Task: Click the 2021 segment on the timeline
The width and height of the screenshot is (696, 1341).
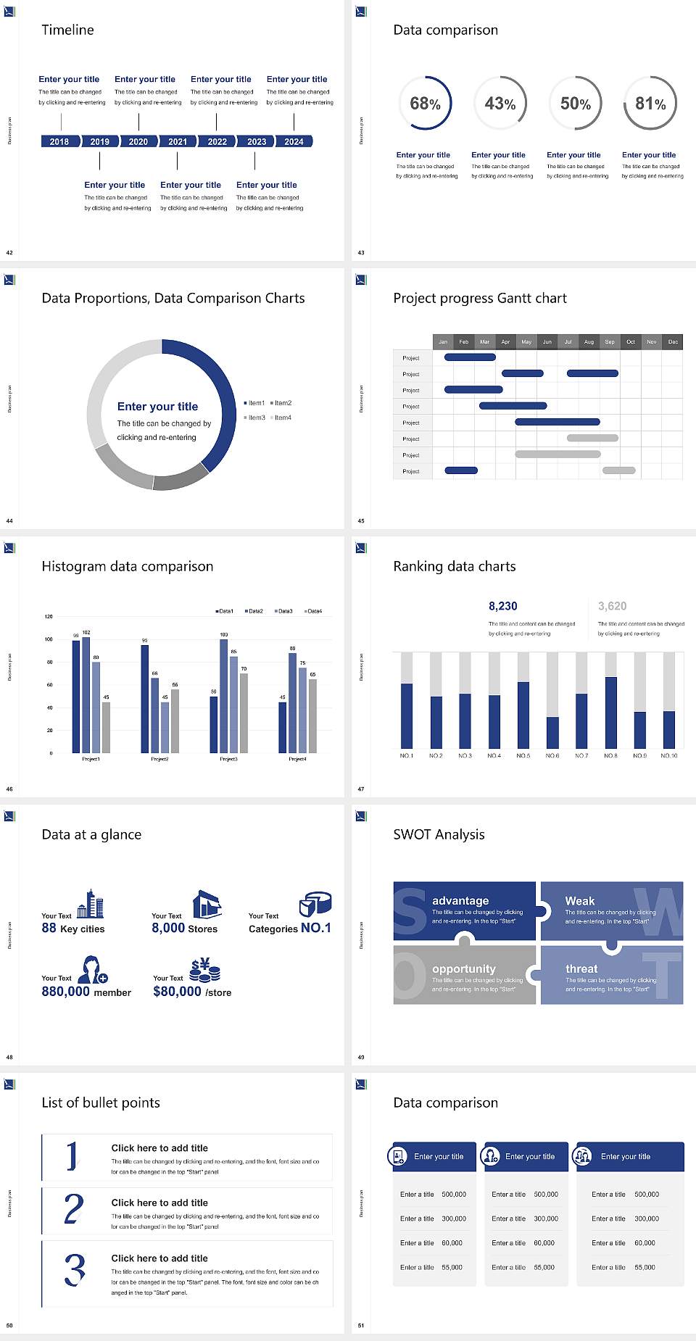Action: click(x=178, y=141)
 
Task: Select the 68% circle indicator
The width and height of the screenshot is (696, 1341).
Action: click(x=425, y=103)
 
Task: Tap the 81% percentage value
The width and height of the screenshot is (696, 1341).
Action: click(x=650, y=104)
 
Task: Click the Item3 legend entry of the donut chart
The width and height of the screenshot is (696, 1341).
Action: click(x=254, y=418)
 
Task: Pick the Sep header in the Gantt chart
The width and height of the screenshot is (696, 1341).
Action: click(x=610, y=341)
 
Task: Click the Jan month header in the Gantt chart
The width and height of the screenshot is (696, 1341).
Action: click(x=443, y=341)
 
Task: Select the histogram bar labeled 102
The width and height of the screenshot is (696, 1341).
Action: click(x=86, y=692)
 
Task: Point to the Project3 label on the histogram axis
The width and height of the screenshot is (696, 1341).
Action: click(x=228, y=759)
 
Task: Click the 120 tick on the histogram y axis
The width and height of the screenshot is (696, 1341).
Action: click(x=49, y=617)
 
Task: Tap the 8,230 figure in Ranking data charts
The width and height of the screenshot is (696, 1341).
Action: click(x=503, y=606)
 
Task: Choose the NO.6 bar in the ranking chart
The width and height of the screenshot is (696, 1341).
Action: click(x=552, y=731)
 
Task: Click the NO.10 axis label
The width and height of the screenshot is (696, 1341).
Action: click(x=668, y=755)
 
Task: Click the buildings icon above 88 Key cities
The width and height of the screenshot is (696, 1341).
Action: click(x=91, y=904)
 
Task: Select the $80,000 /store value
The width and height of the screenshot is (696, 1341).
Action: click(x=192, y=992)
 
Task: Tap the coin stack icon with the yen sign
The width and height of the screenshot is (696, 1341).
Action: click(x=205, y=969)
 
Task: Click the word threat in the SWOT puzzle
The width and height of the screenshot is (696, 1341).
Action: click(x=581, y=968)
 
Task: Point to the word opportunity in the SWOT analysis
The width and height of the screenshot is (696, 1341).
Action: click(x=464, y=968)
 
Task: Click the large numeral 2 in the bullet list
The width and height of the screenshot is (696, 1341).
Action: click(x=73, y=1210)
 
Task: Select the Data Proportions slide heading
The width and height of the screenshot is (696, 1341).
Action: click(x=173, y=298)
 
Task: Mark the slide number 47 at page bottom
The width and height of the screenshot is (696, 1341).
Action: click(x=361, y=789)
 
